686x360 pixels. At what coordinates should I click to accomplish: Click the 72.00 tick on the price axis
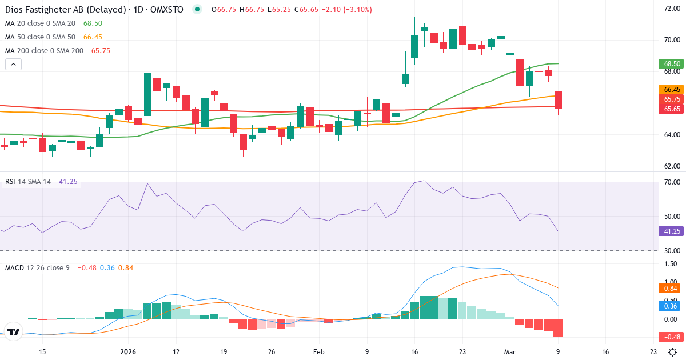tap(671, 9)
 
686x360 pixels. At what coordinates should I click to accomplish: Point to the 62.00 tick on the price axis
tap(671, 166)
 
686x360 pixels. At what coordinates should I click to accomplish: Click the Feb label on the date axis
tap(319, 352)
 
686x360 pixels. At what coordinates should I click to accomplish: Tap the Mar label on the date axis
tap(510, 352)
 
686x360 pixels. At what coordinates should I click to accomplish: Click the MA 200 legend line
tap(57, 50)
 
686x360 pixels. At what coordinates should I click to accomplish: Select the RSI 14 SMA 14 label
tap(29, 182)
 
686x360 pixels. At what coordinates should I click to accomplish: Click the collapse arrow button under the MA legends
tap(13, 64)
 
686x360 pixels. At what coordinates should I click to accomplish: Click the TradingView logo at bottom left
tap(14, 331)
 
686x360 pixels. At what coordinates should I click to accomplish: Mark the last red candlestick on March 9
tap(558, 100)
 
